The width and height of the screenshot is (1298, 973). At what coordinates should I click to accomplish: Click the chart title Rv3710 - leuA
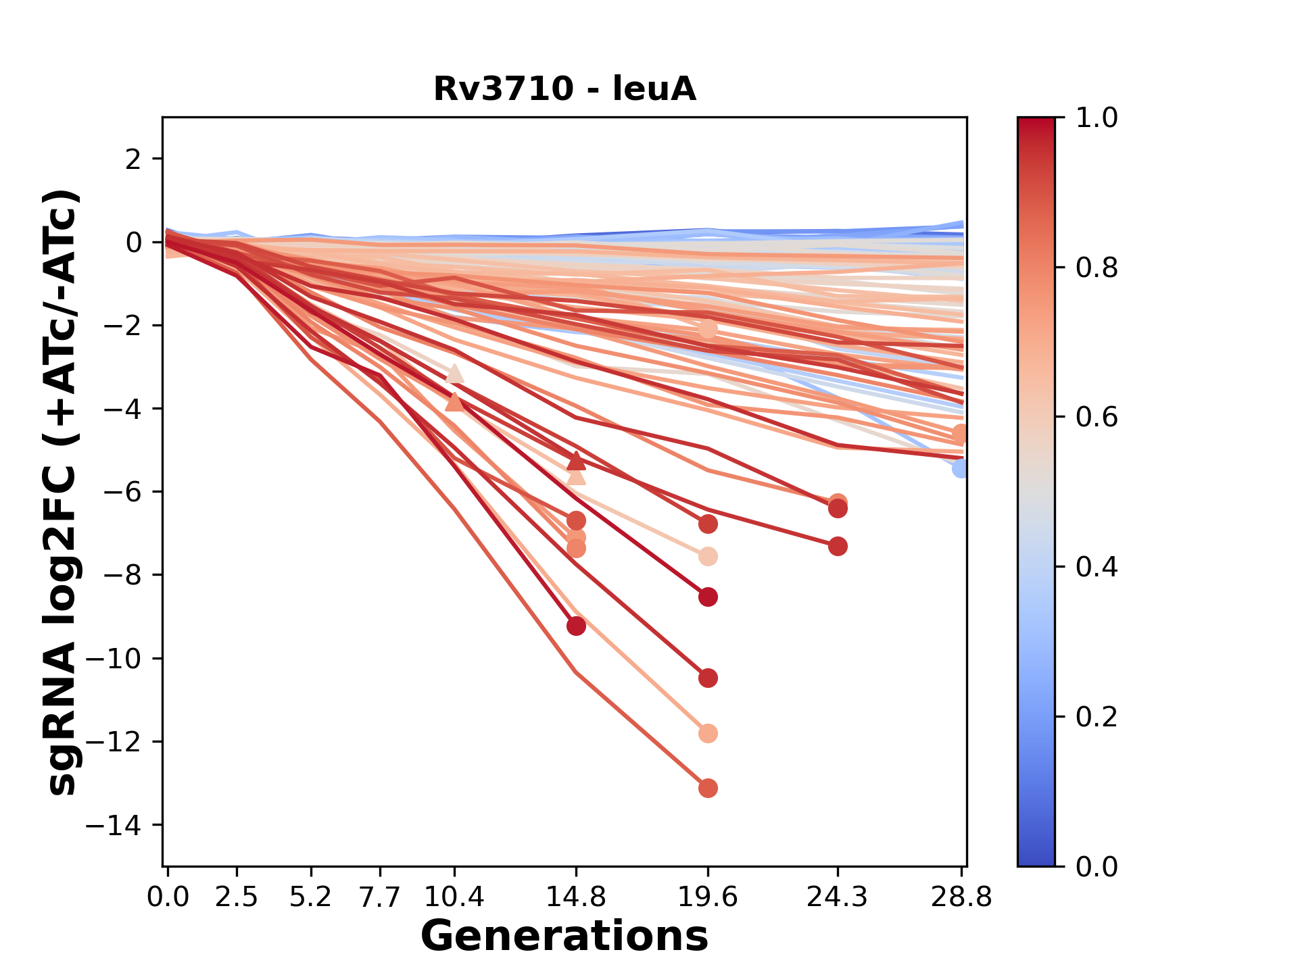point(564,89)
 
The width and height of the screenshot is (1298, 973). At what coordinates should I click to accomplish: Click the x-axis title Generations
point(564,936)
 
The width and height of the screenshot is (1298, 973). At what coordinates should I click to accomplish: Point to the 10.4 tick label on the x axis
point(454,897)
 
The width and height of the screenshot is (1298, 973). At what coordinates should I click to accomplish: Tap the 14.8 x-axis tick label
point(576,897)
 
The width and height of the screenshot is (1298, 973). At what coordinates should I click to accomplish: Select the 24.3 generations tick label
point(838,897)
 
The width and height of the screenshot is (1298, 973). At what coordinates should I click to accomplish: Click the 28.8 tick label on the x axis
point(961,897)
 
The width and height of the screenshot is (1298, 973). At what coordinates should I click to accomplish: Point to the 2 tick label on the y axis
point(133,159)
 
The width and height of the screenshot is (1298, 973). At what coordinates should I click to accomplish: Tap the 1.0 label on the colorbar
point(1097,118)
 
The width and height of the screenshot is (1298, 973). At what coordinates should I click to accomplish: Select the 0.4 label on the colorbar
point(1097,566)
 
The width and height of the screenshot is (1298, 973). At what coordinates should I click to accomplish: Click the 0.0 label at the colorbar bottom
point(1097,866)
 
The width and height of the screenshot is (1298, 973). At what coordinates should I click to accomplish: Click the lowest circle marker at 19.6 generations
point(708,788)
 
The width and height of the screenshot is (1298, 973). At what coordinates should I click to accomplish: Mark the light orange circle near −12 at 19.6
point(708,733)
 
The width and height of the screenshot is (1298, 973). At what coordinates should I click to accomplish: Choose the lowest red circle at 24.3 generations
point(838,546)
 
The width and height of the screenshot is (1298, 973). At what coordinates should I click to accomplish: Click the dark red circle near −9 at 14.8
point(576,626)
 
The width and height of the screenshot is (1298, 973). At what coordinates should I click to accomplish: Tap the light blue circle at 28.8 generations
point(961,468)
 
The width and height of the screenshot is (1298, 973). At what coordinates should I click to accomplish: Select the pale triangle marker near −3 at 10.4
point(454,374)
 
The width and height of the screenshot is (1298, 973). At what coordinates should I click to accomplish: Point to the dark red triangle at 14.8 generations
point(576,461)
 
